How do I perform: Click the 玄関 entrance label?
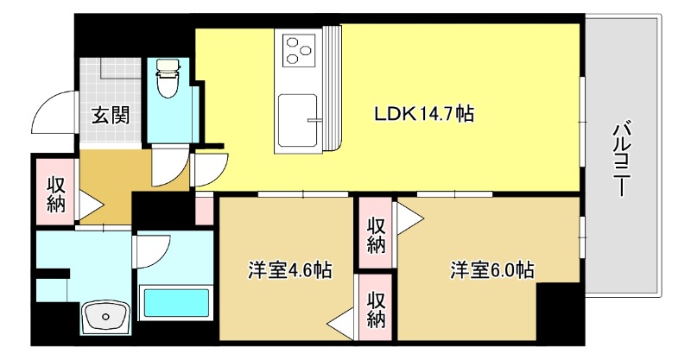[x=111, y=116]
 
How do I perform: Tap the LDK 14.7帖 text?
[x=422, y=113]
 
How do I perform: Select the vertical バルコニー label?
[x=620, y=161]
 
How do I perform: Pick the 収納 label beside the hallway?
[x=56, y=194]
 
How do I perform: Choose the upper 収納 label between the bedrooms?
[x=375, y=233]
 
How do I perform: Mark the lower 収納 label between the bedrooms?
[x=375, y=310]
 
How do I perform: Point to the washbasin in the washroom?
[x=105, y=318]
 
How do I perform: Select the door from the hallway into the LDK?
[x=211, y=167]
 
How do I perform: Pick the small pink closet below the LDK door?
[x=204, y=209]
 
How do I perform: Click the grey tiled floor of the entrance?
[x=111, y=82]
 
